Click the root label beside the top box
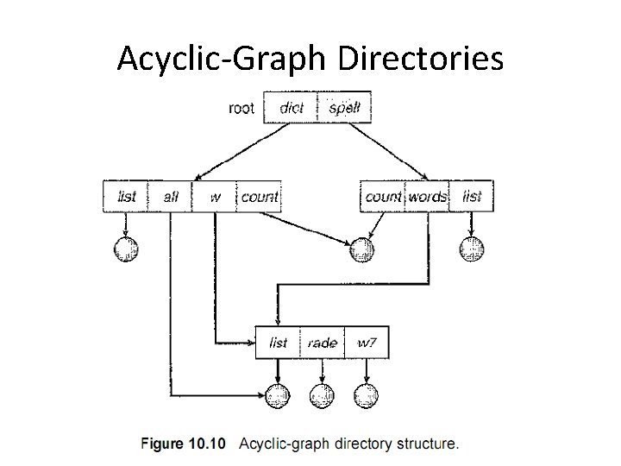coord(241,108)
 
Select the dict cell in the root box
coord(292,108)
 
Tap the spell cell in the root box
coord(345,108)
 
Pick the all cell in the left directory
coord(171,197)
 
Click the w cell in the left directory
coord(215,197)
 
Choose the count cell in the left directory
coord(259,197)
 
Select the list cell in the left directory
coord(126,197)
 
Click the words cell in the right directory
coord(428,197)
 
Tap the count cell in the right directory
coord(383,197)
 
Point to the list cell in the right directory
coord(472,197)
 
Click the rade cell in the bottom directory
coord(322,343)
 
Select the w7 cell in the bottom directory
coord(367,343)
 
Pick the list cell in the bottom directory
coord(278,343)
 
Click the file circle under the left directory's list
coord(126,249)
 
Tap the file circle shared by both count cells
coord(362,249)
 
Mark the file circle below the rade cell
coord(322,396)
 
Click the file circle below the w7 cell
coord(367,396)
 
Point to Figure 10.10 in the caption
coord(182,444)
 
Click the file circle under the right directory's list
coord(472,249)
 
